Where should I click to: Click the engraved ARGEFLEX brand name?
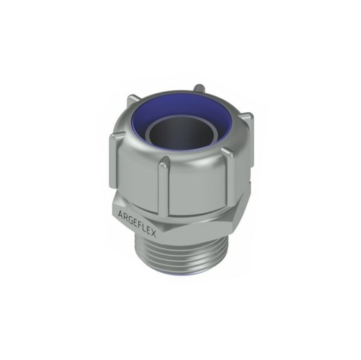coord(135,218)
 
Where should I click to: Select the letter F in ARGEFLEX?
coord(140,221)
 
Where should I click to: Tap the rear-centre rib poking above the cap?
coord(200,90)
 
